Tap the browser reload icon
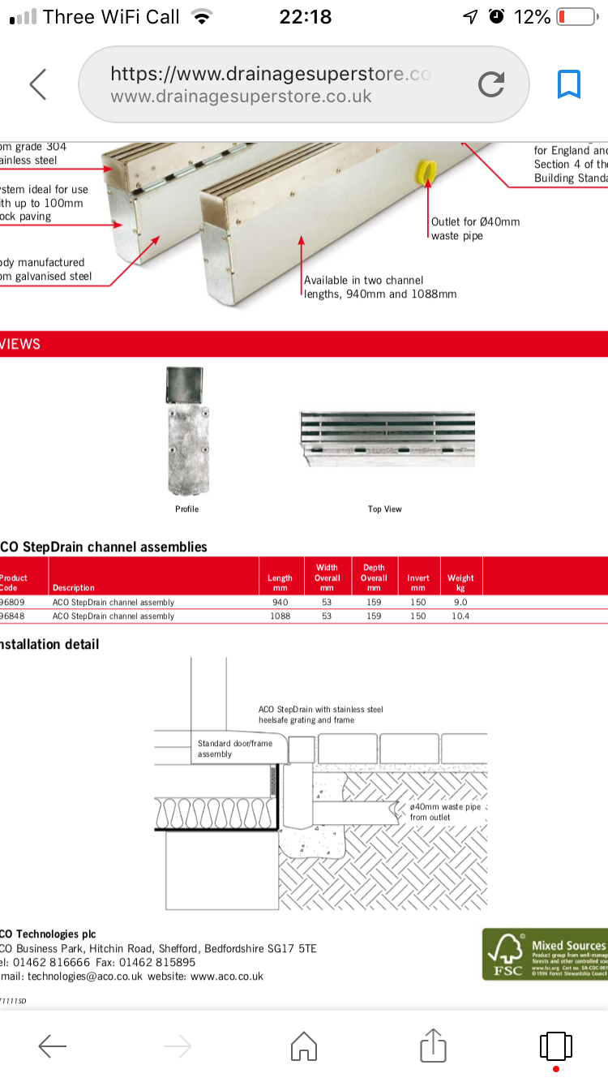click(x=491, y=84)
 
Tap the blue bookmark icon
click(x=569, y=84)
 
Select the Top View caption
click(x=384, y=509)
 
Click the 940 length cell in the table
click(x=280, y=603)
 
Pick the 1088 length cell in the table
click(x=280, y=616)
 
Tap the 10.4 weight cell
click(x=460, y=616)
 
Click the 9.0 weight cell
click(x=460, y=603)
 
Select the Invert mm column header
click(x=418, y=582)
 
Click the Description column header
click(x=73, y=588)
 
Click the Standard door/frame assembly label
click(x=235, y=749)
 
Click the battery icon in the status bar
click(x=576, y=17)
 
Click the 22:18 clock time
click(x=305, y=17)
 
